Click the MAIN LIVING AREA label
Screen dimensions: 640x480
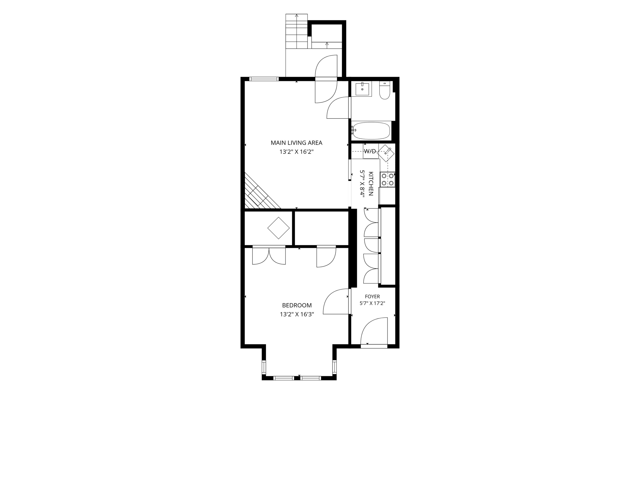point(296,143)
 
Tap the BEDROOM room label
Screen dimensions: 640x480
point(297,305)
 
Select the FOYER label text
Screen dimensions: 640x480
point(372,297)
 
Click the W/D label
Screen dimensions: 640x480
point(370,151)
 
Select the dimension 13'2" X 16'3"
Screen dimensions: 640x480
point(297,314)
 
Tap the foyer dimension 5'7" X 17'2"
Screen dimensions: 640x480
point(372,303)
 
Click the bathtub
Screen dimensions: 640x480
point(371,131)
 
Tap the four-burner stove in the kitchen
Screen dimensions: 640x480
point(387,179)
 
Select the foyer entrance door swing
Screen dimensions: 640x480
point(374,331)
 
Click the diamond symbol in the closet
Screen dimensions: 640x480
point(278,228)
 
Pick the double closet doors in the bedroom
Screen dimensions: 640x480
point(269,256)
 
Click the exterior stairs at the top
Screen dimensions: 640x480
point(297,31)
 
